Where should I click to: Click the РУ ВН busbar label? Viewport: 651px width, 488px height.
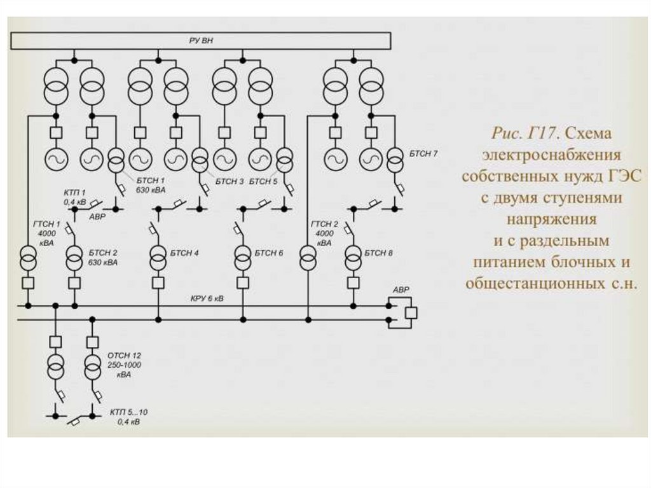[x=201, y=41]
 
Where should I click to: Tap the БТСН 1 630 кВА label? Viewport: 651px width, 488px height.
[x=151, y=185]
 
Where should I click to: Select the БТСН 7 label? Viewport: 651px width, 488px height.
[x=422, y=154]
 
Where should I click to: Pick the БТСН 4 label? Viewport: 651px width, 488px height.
[x=184, y=253]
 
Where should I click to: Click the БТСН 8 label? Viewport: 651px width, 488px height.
[x=378, y=253]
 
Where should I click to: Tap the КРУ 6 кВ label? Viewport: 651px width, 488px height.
[x=207, y=298]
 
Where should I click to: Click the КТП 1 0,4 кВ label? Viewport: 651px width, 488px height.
[x=74, y=197]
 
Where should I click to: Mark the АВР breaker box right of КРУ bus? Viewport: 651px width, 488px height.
[x=411, y=312]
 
